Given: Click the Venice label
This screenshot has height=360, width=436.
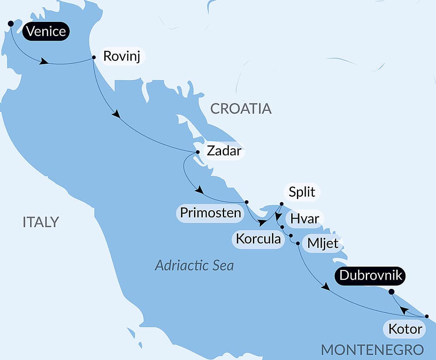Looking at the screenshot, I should coord(46,32).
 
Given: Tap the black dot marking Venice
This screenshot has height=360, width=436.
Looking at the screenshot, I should coord(10,24).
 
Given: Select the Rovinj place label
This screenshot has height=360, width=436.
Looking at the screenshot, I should coord(122,57).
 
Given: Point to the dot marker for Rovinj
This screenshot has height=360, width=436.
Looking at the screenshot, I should coord(94,57).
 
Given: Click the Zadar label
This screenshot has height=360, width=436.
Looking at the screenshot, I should coord(223,151).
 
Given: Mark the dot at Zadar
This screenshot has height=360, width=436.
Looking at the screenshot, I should coord(198,152).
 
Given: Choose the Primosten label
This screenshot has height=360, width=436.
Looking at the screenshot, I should coord(211,213).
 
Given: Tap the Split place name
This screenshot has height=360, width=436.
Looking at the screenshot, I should coord(302,192).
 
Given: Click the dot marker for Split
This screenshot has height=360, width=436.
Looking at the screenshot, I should coord(281,204).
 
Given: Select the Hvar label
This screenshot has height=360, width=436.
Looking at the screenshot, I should coord(305,218).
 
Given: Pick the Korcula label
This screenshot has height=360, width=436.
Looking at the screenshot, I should coord(258,239).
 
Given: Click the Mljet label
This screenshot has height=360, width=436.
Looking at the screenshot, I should coord(323,243).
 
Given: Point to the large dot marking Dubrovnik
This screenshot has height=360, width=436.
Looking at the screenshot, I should coord(391,292).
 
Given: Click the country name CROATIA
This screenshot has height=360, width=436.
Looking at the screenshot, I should coord(241,109).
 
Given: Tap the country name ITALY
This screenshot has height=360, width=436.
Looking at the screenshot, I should coord(41,222).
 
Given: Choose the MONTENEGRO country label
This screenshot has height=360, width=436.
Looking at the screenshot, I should coord(372,350).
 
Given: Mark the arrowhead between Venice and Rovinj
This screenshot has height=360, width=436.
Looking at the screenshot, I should coord(44,62).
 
